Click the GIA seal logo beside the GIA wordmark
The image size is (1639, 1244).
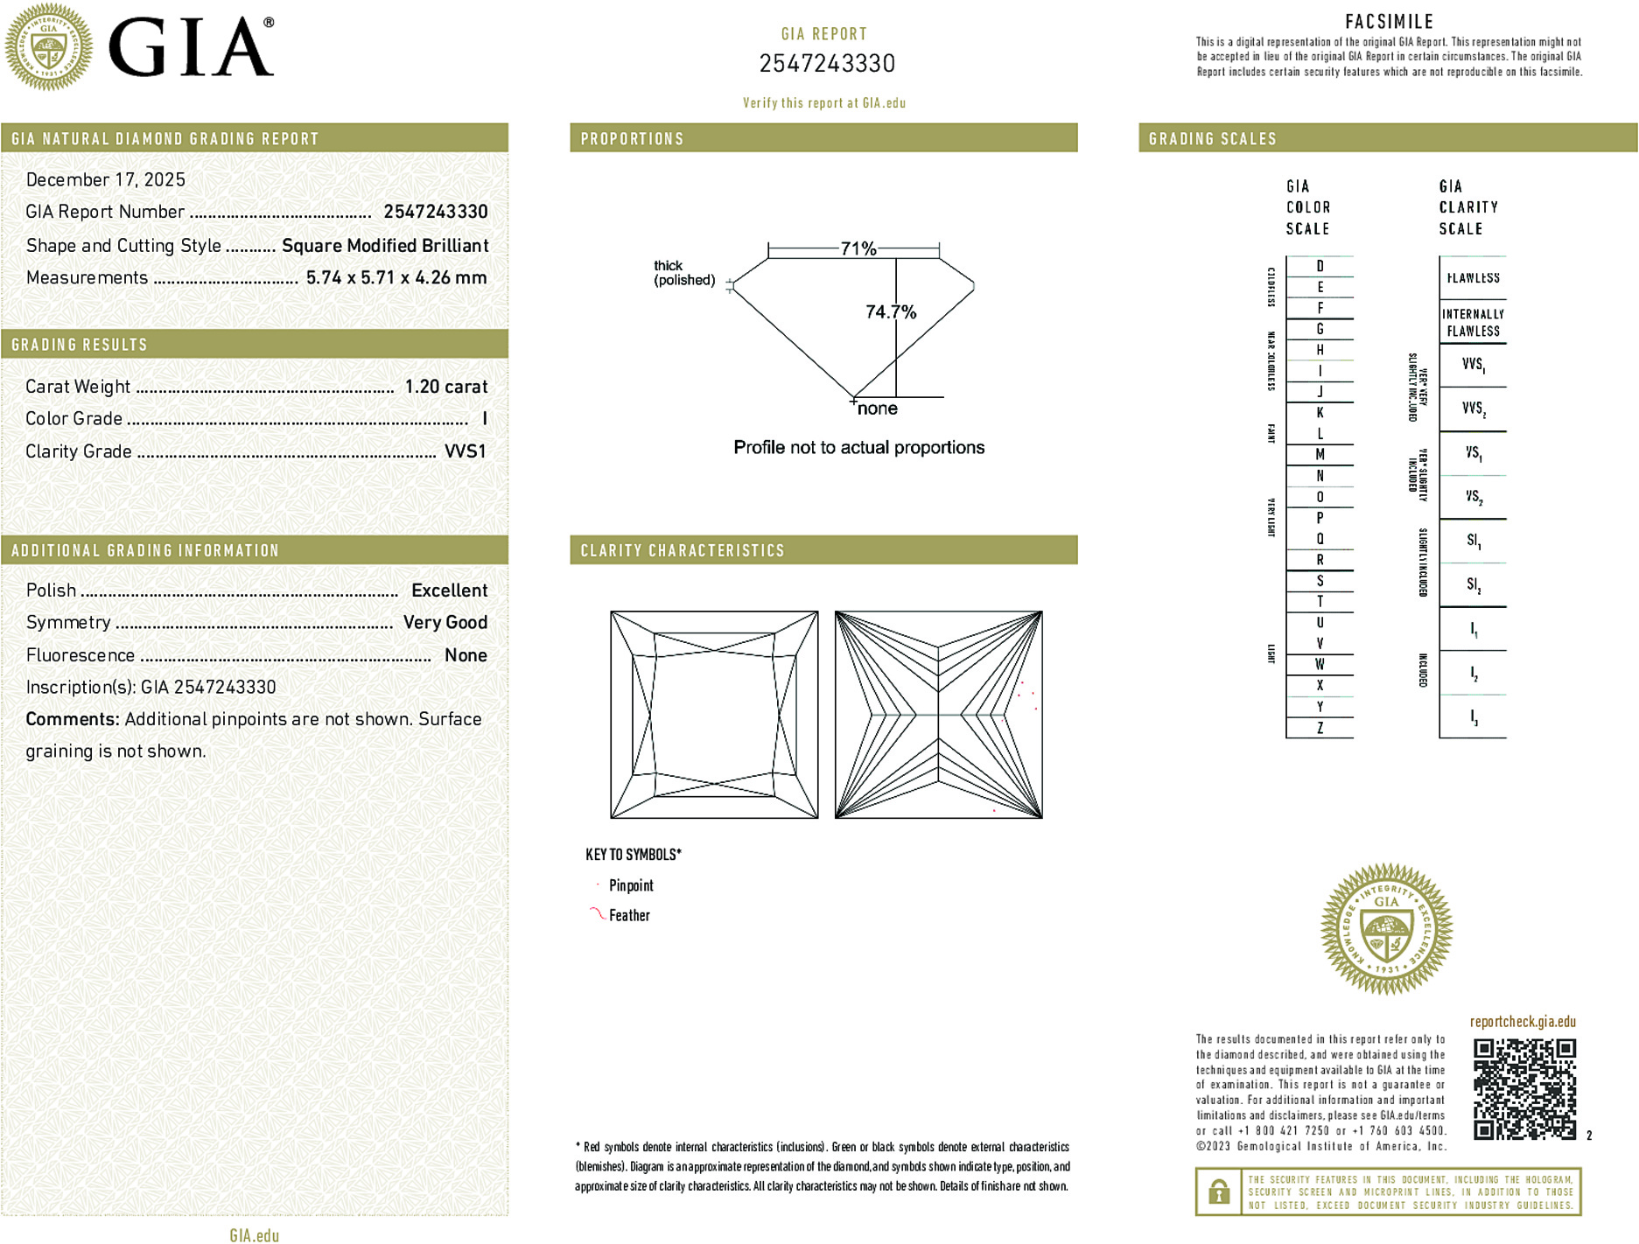click(x=48, y=47)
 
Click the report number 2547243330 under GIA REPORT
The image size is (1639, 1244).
click(x=826, y=64)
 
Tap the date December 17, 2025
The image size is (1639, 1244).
click(x=106, y=179)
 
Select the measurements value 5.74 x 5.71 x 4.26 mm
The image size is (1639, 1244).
click(x=396, y=278)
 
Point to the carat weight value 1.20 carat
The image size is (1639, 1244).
click(x=445, y=387)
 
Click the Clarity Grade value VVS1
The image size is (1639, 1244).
click(x=465, y=451)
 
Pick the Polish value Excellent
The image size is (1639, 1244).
click(x=449, y=591)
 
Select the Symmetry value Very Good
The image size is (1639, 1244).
click(x=445, y=623)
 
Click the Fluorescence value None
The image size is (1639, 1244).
click(x=466, y=655)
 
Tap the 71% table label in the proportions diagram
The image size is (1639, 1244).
click(x=858, y=248)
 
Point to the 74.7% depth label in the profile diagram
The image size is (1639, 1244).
click(x=890, y=312)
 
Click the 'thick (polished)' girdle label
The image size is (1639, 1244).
click(x=683, y=273)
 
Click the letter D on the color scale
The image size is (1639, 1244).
click(x=1320, y=266)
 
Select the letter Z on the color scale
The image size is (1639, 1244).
click(x=1320, y=728)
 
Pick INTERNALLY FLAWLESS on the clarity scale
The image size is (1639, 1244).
click(x=1473, y=323)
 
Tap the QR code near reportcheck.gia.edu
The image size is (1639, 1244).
click(x=1523, y=1089)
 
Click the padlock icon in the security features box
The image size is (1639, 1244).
click(x=1218, y=1192)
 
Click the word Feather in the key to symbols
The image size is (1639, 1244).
click(x=629, y=916)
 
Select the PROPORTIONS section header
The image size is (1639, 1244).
click(x=632, y=139)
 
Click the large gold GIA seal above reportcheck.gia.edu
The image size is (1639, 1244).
click(x=1386, y=930)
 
